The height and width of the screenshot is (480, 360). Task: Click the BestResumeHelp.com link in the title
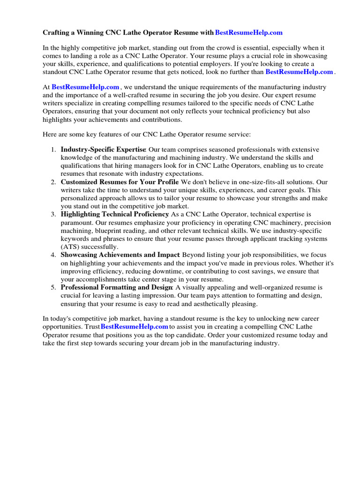click(x=249, y=33)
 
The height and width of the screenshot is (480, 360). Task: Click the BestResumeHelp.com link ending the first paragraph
click(x=299, y=72)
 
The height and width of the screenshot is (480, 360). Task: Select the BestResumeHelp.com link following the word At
click(x=85, y=87)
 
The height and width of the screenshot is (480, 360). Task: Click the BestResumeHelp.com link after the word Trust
click(x=135, y=326)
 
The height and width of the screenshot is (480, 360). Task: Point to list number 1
click(x=53, y=150)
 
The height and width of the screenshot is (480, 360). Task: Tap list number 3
click(x=53, y=214)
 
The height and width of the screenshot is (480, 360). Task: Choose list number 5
click(x=53, y=287)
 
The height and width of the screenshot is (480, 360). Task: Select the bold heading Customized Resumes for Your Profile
click(x=120, y=182)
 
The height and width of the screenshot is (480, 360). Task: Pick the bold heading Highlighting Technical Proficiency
click(x=114, y=214)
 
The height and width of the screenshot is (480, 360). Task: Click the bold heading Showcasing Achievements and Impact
click(x=120, y=255)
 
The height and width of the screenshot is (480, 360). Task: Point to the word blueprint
click(x=107, y=231)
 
